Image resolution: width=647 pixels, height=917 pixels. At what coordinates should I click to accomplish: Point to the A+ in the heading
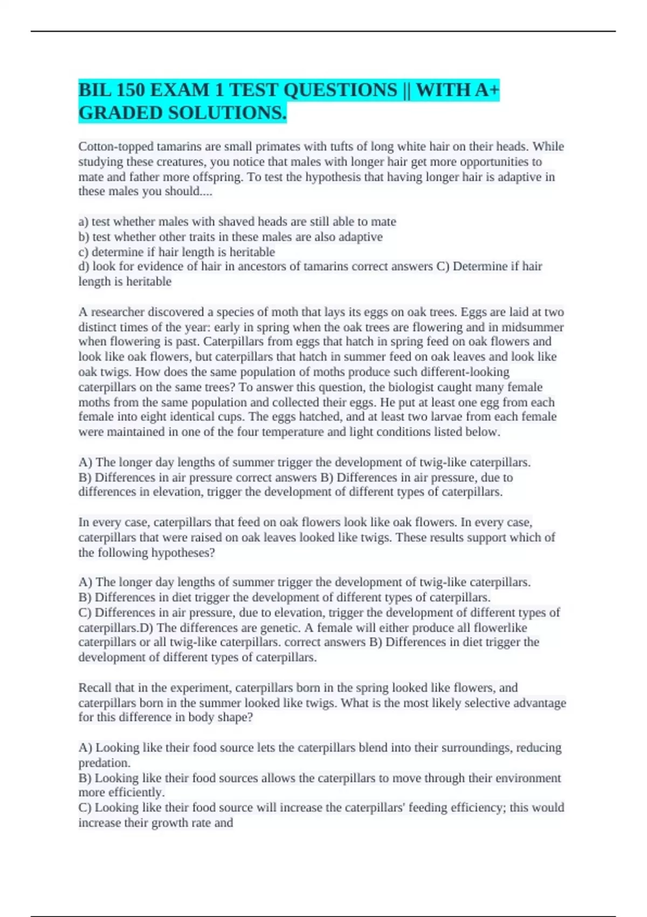coord(487,90)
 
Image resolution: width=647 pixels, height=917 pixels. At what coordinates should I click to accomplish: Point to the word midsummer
coord(533,327)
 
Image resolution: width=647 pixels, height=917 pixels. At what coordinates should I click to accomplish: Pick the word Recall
coord(95,688)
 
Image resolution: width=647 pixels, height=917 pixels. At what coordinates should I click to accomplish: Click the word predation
coord(104,763)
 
